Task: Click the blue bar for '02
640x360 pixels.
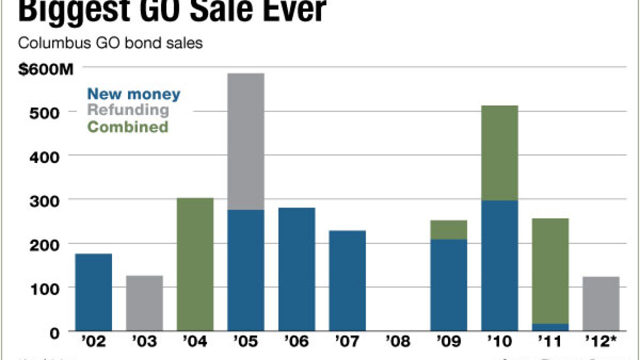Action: pos(93,292)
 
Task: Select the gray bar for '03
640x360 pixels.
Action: pos(144,303)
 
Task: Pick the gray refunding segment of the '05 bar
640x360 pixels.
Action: pos(245,141)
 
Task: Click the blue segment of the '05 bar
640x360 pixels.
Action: pos(245,270)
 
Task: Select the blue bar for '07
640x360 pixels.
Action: pos(347,280)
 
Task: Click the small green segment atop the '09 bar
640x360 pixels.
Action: pos(448,229)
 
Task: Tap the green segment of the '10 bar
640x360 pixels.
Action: pos(499,153)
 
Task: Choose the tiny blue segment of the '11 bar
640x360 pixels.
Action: pos(550,327)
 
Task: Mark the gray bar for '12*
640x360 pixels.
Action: pos(601,303)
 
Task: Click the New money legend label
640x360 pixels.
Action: pos(133,93)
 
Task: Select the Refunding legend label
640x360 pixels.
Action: pos(128,109)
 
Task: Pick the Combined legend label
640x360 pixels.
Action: pos(127,126)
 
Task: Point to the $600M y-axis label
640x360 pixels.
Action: pos(45,69)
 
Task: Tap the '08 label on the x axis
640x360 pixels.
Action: pos(398,342)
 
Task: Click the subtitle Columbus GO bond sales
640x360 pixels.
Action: pos(110,43)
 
